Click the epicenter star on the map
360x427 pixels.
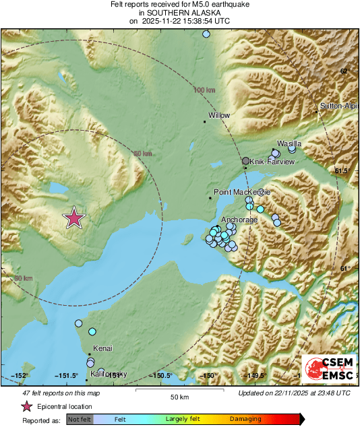pos(74,218)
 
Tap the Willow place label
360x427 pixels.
pos(219,116)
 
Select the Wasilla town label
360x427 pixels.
pos(289,144)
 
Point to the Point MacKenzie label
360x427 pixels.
pos(241,193)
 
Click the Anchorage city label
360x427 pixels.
pos(239,220)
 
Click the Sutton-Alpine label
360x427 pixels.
pos(339,106)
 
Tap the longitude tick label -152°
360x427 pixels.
pos(20,376)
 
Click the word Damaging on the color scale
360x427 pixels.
pos(245,419)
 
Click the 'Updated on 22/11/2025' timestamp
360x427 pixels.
pos(294,393)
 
